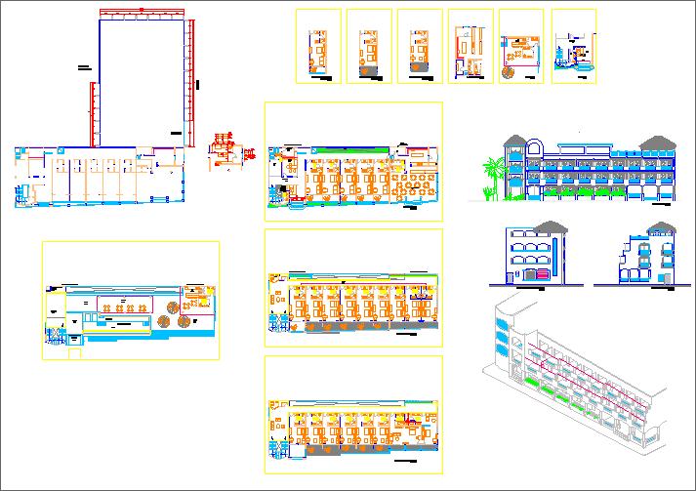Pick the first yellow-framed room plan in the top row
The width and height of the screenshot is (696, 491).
click(x=317, y=47)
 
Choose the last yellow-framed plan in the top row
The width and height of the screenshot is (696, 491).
click(x=574, y=47)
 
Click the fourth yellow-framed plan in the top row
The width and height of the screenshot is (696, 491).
click(x=471, y=47)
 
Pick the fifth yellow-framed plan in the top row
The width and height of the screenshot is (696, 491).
click(x=521, y=47)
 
